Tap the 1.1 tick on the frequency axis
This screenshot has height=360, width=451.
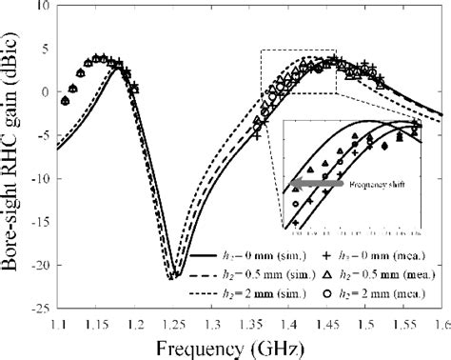coord(59,326)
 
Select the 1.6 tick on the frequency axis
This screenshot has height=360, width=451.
coord(440,326)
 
